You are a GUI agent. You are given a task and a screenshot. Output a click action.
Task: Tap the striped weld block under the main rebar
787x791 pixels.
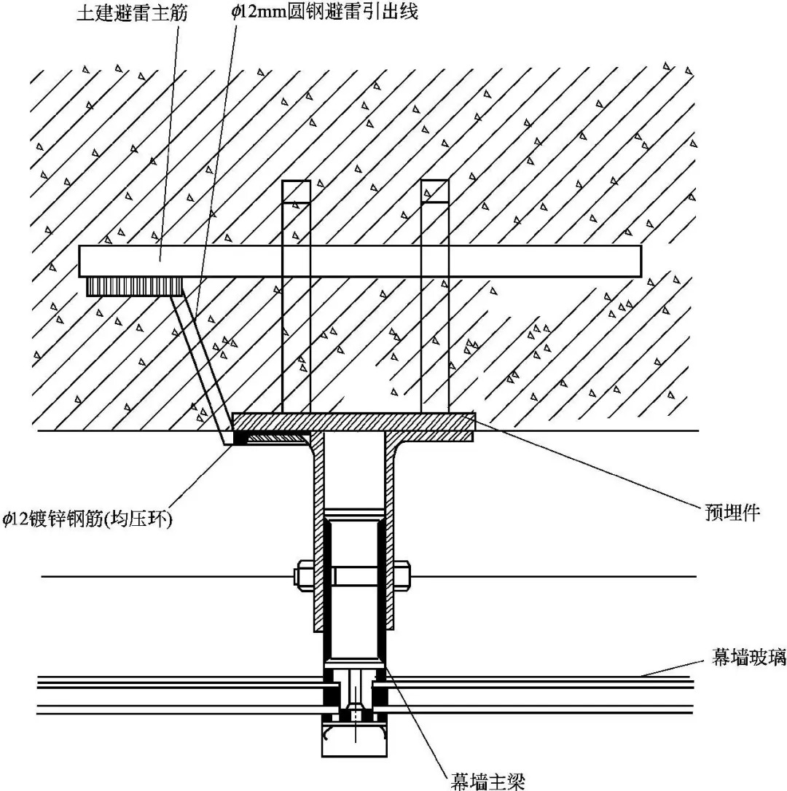click(133, 286)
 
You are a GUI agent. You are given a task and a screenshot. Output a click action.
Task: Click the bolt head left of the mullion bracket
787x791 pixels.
click(301, 575)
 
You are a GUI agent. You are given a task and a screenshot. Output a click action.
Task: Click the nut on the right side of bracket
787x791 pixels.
click(403, 575)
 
